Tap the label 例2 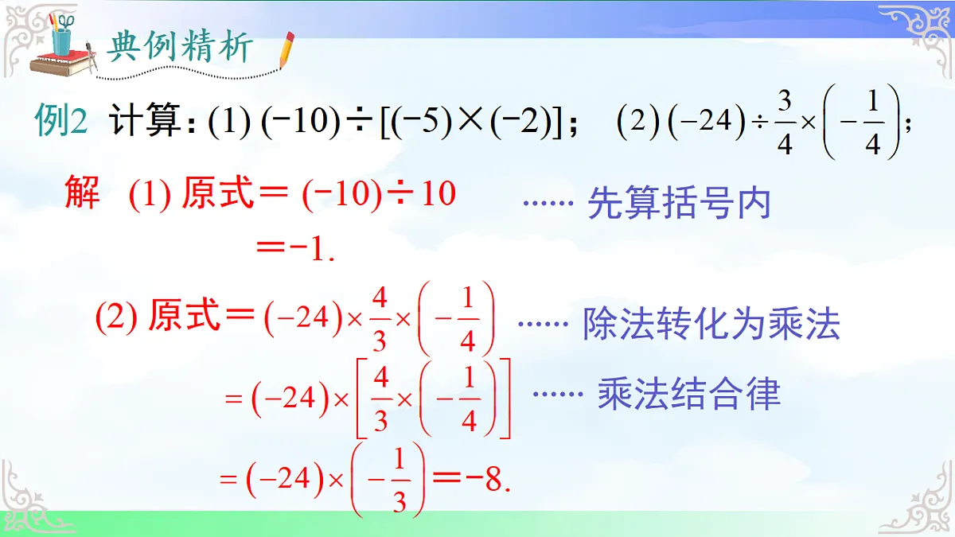coord(60,121)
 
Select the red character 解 coord(82,193)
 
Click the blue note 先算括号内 coord(679,203)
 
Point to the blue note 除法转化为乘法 coord(711,324)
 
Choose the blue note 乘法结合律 coord(689,394)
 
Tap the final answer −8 coord(486,481)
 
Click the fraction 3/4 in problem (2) coord(785,122)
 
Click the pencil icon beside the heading coord(285,49)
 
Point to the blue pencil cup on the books coord(61,40)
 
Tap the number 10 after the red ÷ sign coord(438,193)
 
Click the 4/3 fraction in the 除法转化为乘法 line coord(380,319)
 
